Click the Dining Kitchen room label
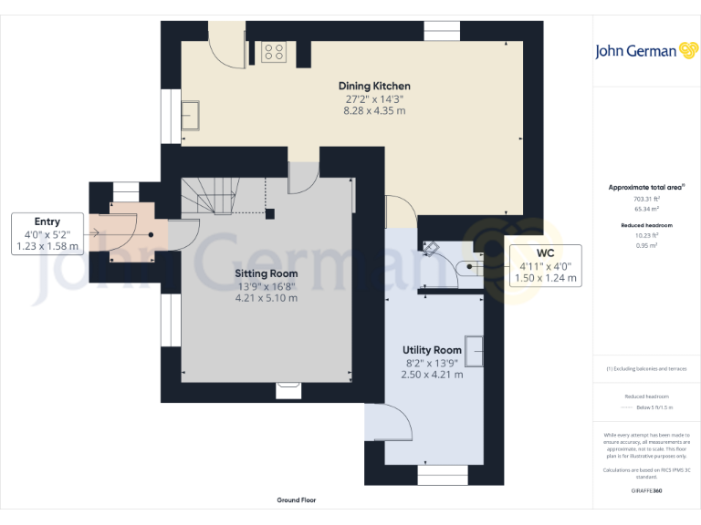[x=377, y=87]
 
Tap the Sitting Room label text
[x=267, y=273]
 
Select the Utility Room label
[x=432, y=350]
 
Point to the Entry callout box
[x=47, y=233]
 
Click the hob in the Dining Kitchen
[x=273, y=52]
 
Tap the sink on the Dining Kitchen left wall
[x=194, y=116]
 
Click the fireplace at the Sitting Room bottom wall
[x=288, y=389]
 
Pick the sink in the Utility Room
[x=475, y=348]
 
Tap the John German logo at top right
[x=647, y=51]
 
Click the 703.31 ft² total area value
[x=646, y=199]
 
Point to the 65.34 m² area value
[x=646, y=209]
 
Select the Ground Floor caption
[x=297, y=500]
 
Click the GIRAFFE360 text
[x=646, y=491]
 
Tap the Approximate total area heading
[x=645, y=187]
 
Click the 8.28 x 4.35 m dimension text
[x=374, y=110]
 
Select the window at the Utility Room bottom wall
[x=443, y=474]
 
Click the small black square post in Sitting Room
[x=270, y=214]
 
